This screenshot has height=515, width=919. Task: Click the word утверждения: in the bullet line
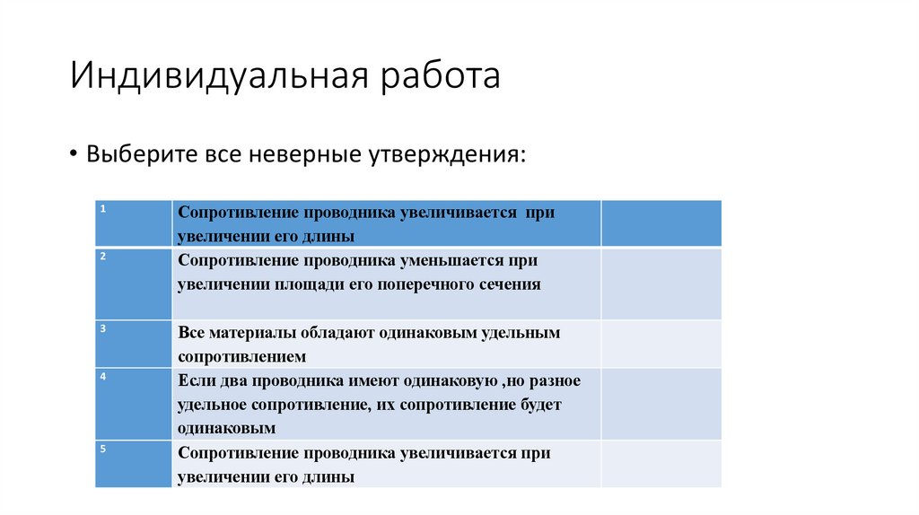pos(446,153)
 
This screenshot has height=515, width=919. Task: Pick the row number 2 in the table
pos(103,256)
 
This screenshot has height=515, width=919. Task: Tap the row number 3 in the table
pos(103,328)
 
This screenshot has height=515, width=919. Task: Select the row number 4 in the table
pos(103,376)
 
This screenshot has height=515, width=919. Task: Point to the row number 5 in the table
pos(103,448)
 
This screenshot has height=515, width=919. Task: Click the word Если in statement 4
pos(194,380)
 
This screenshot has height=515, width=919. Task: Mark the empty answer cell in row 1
pos(661,223)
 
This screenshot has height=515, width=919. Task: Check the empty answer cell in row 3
pos(661,344)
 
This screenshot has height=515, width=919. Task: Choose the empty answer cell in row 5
pos(661,464)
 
